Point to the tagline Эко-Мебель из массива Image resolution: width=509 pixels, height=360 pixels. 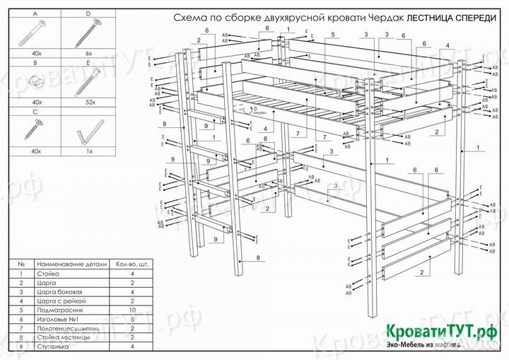423,345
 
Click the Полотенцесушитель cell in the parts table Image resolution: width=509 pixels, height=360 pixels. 68,328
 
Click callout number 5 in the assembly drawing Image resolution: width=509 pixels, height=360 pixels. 331,34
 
